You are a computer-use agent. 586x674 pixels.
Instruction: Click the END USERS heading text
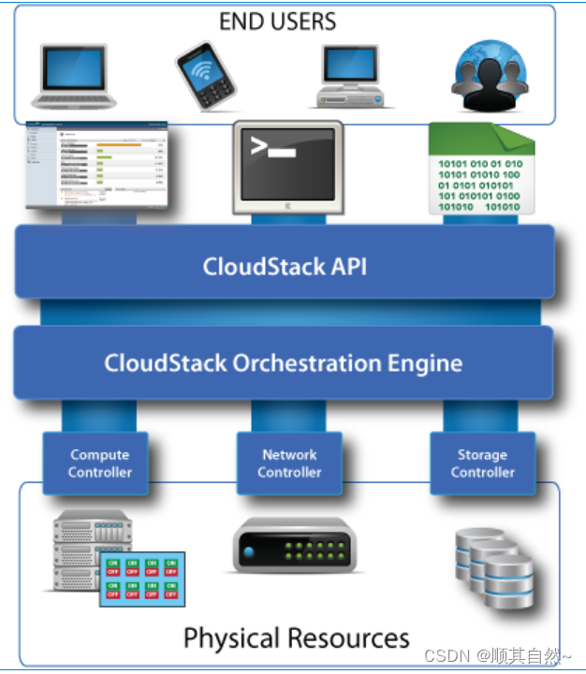(277, 21)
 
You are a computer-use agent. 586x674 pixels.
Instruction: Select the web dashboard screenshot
(98, 167)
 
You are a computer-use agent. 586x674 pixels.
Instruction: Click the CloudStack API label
(285, 266)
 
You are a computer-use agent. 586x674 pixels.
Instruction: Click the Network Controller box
(289, 463)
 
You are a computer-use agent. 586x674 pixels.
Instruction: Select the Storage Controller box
(482, 463)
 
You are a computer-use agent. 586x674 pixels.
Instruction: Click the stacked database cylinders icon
(492, 566)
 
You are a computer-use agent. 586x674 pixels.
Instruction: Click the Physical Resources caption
(296, 638)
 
